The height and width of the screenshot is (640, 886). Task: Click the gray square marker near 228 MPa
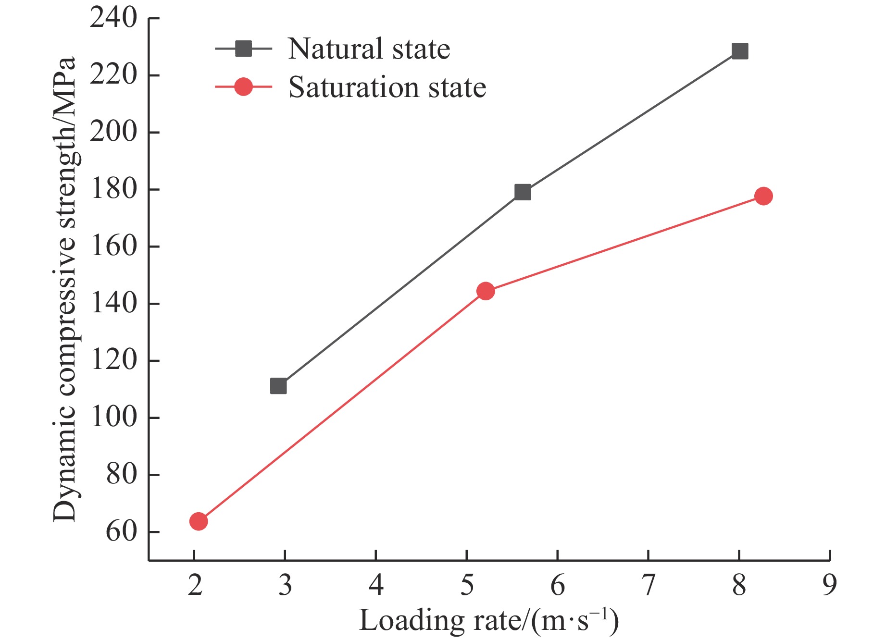point(739,51)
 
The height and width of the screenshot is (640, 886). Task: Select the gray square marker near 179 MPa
point(523,192)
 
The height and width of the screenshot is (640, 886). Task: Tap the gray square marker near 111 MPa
point(278,386)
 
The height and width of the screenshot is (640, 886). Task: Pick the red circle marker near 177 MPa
point(763,196)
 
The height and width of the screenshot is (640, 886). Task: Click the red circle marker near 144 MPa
point(486,291)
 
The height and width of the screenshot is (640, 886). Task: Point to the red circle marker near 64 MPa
point(199,521)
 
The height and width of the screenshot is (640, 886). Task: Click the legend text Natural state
point(369,49)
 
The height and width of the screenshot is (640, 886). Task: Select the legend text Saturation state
point(387,87)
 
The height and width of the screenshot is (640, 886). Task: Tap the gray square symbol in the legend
point(243,49)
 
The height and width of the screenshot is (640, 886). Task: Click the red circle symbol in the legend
point(243,87)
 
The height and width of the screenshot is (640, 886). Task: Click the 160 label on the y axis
point(113,246)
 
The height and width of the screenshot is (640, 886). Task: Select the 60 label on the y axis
point(121,532)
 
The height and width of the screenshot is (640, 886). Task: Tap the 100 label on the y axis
point(113,418)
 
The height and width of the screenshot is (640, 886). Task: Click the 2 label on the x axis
point(195,585)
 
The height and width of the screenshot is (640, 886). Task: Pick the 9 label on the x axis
point(830,585)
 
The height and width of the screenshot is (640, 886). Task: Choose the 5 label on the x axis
point(467,585)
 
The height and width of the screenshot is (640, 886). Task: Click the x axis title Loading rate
point(489,620)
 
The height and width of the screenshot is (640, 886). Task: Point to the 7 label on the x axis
point(649,585)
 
